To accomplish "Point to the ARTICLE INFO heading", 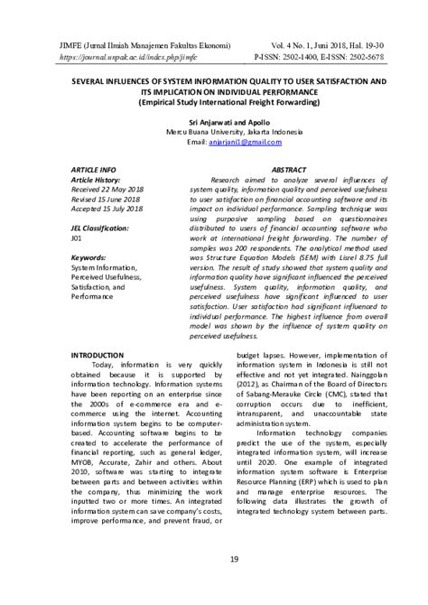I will click(93, 169).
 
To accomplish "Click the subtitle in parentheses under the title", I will click(213, 101).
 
